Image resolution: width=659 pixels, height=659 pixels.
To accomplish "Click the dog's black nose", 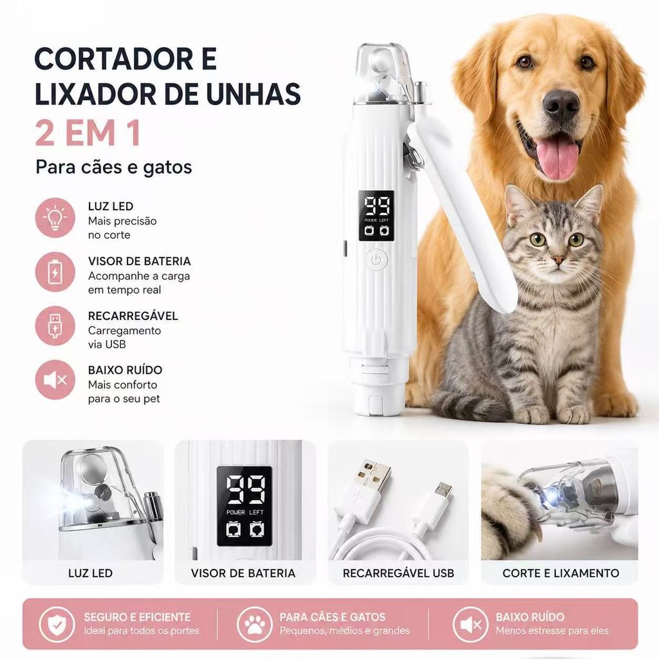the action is pos(561,104).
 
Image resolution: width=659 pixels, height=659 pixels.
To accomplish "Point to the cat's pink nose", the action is pos(558,260).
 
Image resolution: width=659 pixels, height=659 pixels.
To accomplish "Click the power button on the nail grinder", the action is pos(376,260).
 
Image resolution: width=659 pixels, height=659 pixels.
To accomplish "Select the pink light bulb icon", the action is pos(55,218).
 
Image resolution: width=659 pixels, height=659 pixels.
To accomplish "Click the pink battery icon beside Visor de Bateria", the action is pos(55,272).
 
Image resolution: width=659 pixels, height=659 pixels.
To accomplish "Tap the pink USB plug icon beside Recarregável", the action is pos(55,326).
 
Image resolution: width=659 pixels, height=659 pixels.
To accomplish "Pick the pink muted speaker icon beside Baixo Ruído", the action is pos(55,380).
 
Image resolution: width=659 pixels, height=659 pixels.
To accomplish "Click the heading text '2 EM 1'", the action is pos(88,133).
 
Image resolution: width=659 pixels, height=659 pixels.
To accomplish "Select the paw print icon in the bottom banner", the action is pos(255,624).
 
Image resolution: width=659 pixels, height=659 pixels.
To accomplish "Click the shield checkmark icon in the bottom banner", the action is pos(57,624).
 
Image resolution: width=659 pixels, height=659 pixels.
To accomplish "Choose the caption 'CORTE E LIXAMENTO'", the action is pos(561,573).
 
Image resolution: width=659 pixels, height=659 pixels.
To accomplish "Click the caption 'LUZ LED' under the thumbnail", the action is pos(90,573).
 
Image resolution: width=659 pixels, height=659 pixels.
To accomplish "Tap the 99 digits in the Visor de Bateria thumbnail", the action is pos(246,489).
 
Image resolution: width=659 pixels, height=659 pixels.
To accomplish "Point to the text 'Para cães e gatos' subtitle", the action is pos(113,167).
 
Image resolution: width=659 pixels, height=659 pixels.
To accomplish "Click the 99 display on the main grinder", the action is pos(376,206).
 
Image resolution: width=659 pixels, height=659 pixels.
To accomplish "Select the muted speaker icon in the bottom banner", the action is pos(470,624).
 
